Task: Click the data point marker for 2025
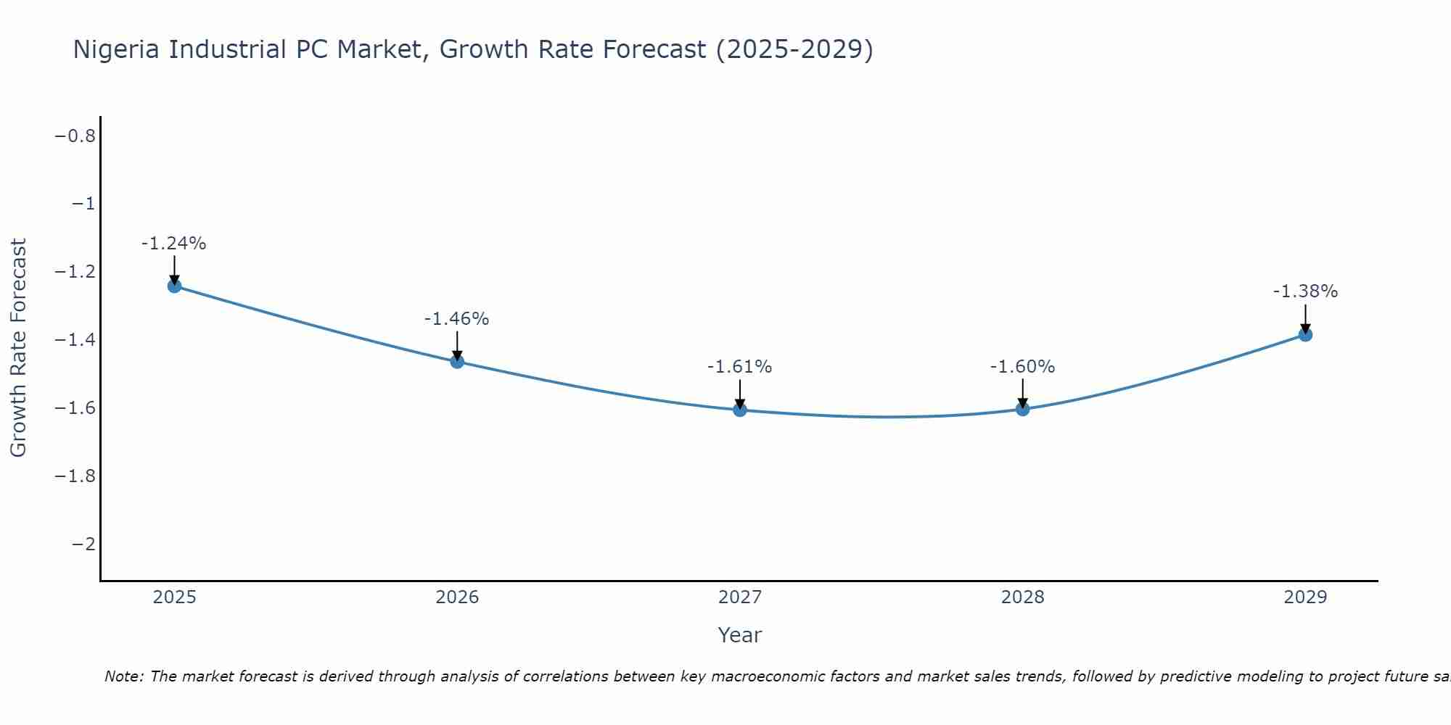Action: click(x=174, y=286)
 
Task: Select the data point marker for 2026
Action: click(x=457, y=361)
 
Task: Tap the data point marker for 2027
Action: click(x=740, y=410)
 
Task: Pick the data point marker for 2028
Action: click(x=1023, y=409)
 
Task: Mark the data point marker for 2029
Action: click(x=1305, y=334)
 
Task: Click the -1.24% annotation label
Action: click(x=174, y=244)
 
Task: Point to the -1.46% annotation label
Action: click(x=457, y=319)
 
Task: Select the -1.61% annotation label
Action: click(x=740, y=367)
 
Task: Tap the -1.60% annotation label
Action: click(x=1023, y=367)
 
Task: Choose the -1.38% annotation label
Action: click(x=1305, y=291)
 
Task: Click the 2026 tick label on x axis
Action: click(x=457, y=597)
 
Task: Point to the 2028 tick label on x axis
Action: click(x=1023, y=597)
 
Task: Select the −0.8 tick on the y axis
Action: click(x=75, y=136)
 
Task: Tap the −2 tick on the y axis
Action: click(x=84, y=544)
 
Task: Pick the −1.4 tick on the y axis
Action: click(x=75, y=340)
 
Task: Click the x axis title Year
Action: click(x=740, y=635)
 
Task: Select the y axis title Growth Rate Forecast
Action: click(x=18, y=348)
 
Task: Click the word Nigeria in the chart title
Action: click(x=117, y=50)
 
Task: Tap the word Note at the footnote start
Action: click(x=123, y=676)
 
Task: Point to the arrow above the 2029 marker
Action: click(x=1305, y=318)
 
